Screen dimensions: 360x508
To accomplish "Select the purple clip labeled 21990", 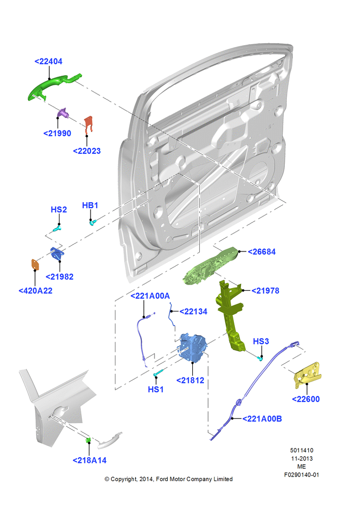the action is coord(63,113).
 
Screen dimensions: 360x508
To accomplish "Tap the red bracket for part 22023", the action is coord(88,124).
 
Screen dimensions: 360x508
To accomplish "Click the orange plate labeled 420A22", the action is coord(35,264).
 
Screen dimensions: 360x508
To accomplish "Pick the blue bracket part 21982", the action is coord(57,253).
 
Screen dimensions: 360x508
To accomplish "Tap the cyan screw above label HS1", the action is coord(159,372).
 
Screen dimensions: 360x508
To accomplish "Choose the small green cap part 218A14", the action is coord(88,440).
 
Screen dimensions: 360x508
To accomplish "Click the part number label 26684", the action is coord(262,252).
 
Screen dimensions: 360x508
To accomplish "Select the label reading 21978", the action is coord(265,291).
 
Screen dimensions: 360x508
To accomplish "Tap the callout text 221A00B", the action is coord(262,419).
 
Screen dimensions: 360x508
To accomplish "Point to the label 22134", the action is coord(193,311).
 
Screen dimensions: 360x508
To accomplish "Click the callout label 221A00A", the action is coord(150,296).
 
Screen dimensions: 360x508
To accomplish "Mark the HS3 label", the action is coord(261,341).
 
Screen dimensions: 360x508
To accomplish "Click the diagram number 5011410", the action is coord(302,450).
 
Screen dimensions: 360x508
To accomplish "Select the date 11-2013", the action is coord(302,458).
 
